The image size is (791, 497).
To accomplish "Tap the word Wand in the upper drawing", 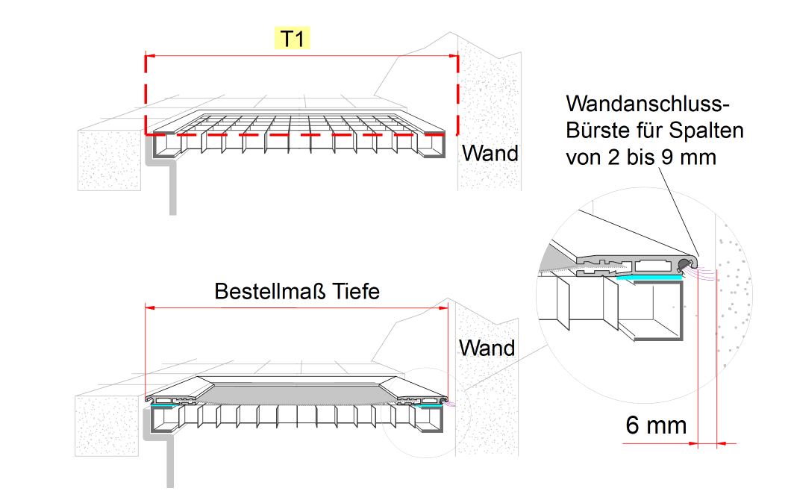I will coord(490,154).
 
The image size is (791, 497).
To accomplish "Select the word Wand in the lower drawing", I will coord(487,348).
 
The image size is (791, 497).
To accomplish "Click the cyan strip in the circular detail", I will coord(649,276).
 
